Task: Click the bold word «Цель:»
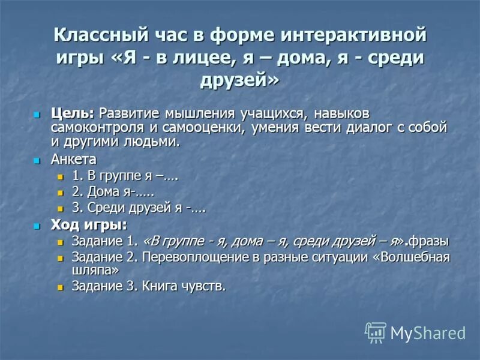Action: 73,113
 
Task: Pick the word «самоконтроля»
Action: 89,127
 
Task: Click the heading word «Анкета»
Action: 74,160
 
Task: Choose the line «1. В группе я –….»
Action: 125,177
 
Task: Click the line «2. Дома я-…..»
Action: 113,193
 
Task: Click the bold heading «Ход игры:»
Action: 89,226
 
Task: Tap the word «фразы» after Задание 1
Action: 429,241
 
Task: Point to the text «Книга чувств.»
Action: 184,286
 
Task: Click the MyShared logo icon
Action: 376,332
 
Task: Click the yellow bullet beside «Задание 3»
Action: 59,287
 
